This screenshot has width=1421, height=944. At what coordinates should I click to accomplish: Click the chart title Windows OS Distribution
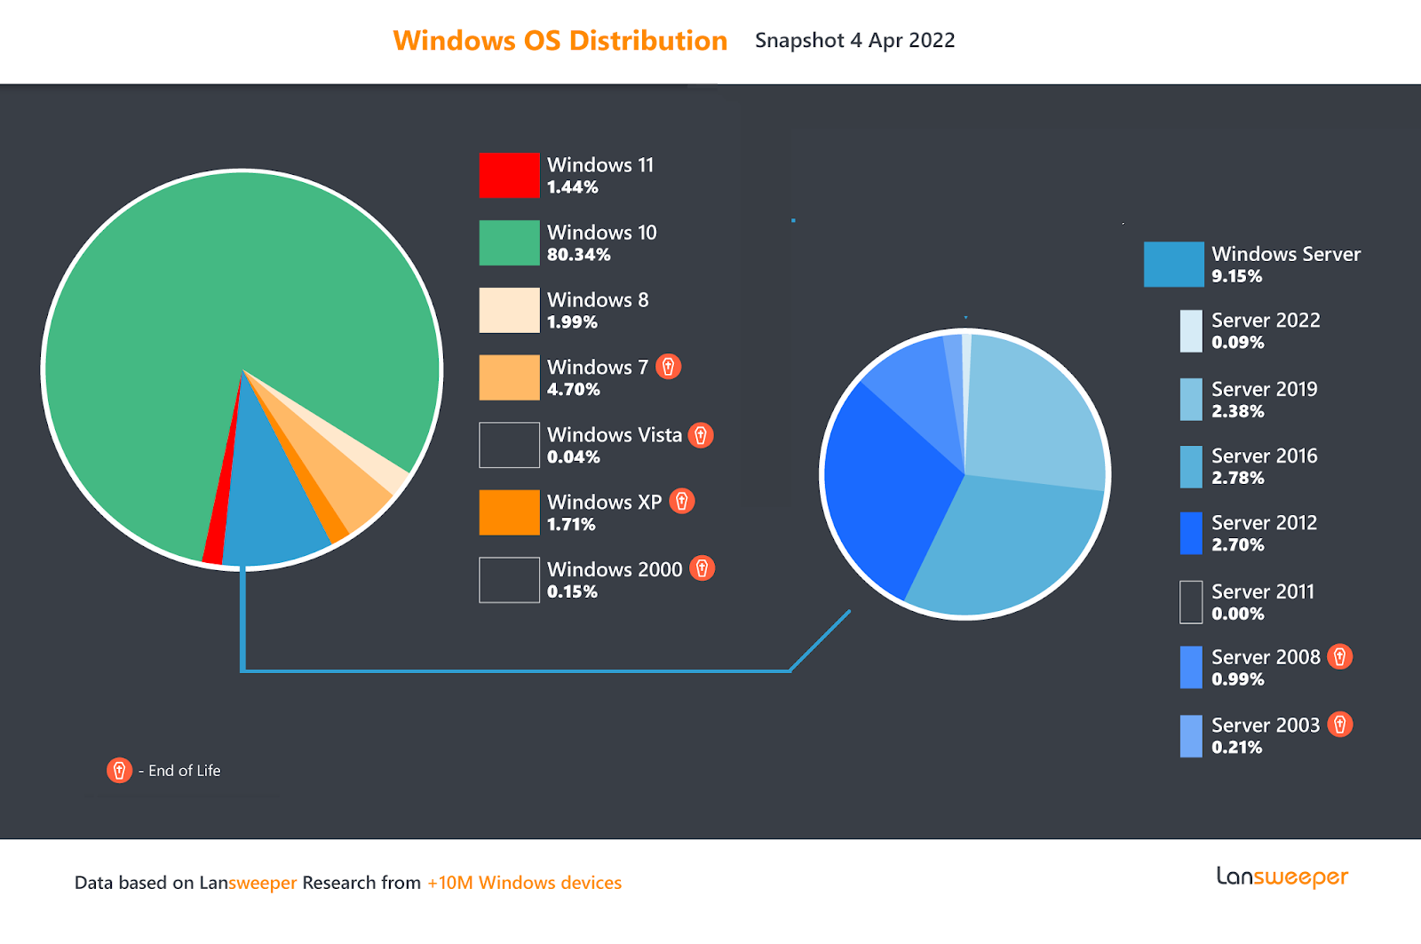(x=560, y=41)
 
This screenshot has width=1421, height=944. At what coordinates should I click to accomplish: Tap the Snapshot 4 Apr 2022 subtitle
(x=854, y=41)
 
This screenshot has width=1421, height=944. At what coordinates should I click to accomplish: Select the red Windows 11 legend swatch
(x=509, y=175)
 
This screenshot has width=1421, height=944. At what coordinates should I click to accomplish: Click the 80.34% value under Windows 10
(x=578, y=255)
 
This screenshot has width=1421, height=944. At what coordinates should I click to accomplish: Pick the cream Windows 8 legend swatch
(x=509, y=310)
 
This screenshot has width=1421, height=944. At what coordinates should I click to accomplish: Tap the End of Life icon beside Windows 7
(x=668, y=366)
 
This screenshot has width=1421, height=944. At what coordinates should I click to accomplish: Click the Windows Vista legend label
(x=614, y=434)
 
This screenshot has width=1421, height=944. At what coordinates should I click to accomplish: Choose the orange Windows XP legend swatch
(x=509, y=512)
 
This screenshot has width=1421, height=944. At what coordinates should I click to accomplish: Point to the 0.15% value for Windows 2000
(x=572, y=592)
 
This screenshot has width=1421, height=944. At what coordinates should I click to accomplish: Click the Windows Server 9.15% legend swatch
(x=1173, y=265)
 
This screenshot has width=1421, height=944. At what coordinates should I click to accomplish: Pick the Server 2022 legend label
(x=1266, y=320)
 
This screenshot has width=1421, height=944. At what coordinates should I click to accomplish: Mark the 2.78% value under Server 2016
(x=1237, y=478)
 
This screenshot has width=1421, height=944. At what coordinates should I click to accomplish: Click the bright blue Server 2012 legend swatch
(x=1191, y=533)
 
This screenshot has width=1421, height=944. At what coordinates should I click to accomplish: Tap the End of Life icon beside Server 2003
(x=1340, y=725)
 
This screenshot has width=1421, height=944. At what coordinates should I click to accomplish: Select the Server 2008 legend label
(x=1266, y=657)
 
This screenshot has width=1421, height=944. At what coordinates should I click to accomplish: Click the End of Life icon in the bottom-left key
(x=119, y=771)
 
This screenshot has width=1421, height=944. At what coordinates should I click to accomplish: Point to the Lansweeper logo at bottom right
(x=1282, y=877)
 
